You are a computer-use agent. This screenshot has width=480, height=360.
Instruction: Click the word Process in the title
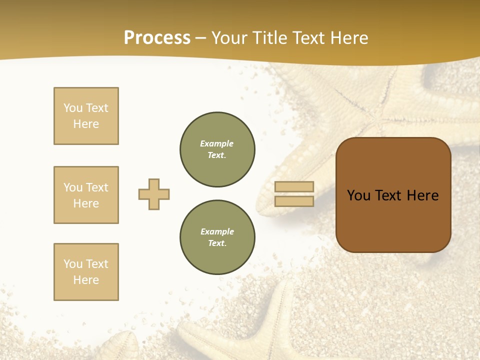click(157, 38)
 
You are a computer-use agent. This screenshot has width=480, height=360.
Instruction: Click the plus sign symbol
click(154, 194)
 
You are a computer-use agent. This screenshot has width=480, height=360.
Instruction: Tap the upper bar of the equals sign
click(294, 187)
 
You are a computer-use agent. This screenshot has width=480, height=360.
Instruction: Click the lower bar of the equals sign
click(294, 201)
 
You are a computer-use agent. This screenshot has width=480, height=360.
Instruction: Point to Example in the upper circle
click(217, 143)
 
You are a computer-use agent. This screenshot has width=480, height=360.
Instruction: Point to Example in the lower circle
click(217, 231)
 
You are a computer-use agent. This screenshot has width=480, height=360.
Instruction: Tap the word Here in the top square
click(86, 124)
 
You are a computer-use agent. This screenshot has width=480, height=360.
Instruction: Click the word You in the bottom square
click(73, 264)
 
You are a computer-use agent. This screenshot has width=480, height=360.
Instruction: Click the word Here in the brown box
click(423, 195)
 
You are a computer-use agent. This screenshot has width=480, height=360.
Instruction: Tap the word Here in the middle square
click(86, 203)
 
